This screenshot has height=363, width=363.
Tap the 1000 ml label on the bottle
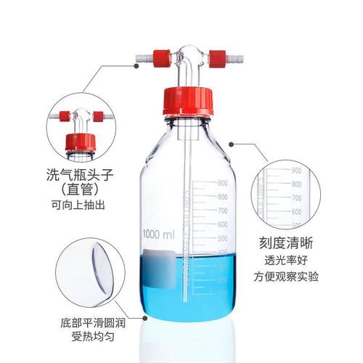tap(159, 236)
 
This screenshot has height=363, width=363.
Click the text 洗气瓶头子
tap(83, 174)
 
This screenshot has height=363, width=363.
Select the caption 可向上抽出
tap(83, 205)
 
